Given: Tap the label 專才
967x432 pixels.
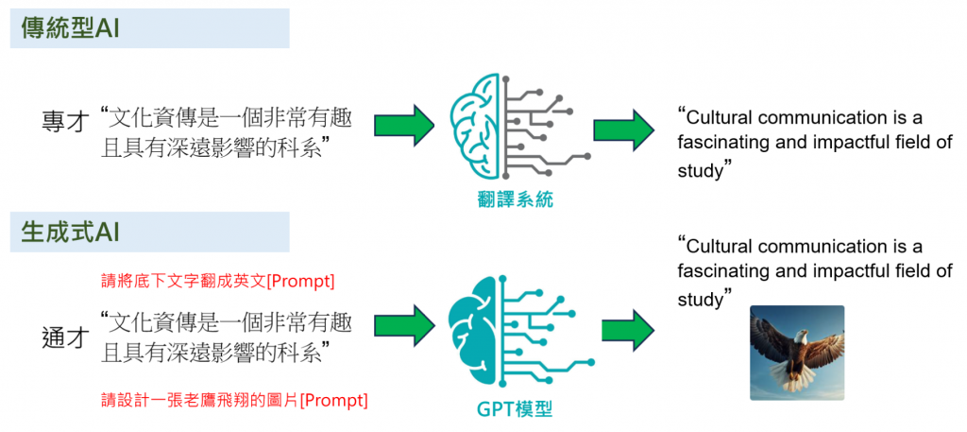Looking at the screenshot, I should point(65,123).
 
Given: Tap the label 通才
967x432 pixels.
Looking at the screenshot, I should point(65,337).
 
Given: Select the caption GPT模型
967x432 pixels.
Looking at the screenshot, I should point(515,409).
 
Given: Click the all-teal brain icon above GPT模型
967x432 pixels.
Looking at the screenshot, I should point(516,335).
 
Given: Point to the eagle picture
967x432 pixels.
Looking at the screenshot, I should point(796,353).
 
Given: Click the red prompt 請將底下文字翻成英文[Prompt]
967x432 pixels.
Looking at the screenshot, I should point(218,281).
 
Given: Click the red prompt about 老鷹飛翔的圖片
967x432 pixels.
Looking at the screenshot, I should point(233,400).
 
